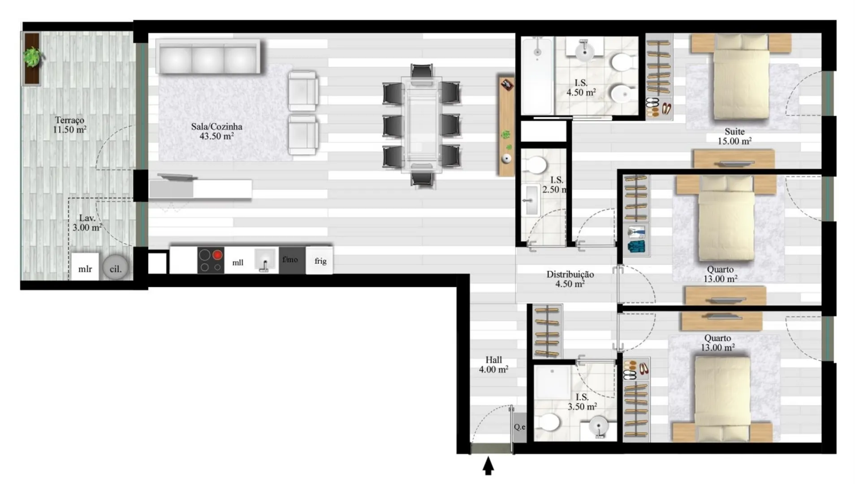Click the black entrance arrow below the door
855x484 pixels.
point(488,466)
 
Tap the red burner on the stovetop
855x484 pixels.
point(217,255)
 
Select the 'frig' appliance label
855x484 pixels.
point(320,261)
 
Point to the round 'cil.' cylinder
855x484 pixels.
point(116,268)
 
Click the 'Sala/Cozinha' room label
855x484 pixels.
point(216,126)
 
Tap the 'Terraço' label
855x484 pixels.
point(69,120)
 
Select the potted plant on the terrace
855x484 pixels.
point(32,57)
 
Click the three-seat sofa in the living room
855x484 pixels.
point(208,57)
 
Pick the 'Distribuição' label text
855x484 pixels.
point(570,274)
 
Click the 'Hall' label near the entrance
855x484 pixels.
point(493,360)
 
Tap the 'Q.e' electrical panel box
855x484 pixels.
point(520,427)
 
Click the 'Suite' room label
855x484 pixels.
point(734,131)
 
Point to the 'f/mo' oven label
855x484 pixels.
point(290,259)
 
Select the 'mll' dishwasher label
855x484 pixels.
point(238,263)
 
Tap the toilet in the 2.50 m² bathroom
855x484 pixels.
point(535,165)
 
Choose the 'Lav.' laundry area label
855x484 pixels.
point(87,218)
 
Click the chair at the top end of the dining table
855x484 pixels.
point(422,72)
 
